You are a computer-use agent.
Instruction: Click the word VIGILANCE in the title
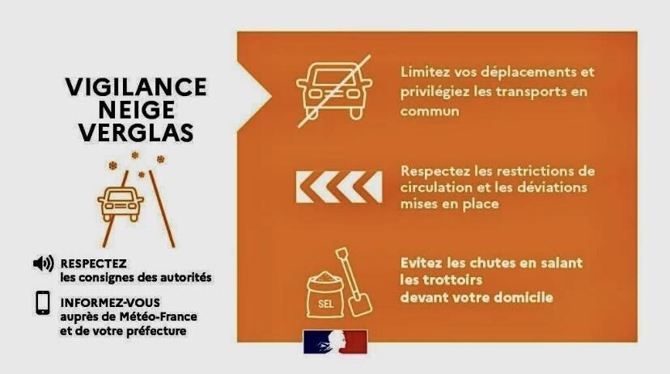[x=136, y=87]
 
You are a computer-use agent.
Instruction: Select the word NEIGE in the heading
[x=136, y=110]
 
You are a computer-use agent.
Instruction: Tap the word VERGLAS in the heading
[x=136, y=132]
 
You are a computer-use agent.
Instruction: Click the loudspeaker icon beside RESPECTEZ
[x=43, y=263]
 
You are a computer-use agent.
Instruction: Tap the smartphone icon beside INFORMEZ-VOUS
[x=43, y=303]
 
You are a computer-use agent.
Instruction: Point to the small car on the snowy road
[x=121, y=204]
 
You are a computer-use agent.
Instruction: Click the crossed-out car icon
[x=334, y=91]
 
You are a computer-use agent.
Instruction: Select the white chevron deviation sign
[x=339, y=187]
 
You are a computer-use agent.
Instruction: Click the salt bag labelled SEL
[x=325, y=296]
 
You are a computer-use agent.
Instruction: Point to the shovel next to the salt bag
[x=354, y=281]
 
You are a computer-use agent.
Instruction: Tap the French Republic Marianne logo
[x=336, y=342]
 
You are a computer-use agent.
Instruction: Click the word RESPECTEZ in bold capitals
[x=94, y=263]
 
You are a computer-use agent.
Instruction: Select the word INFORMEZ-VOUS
[x=110, y=303]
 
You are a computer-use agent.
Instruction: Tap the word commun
[x=430, y=111]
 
